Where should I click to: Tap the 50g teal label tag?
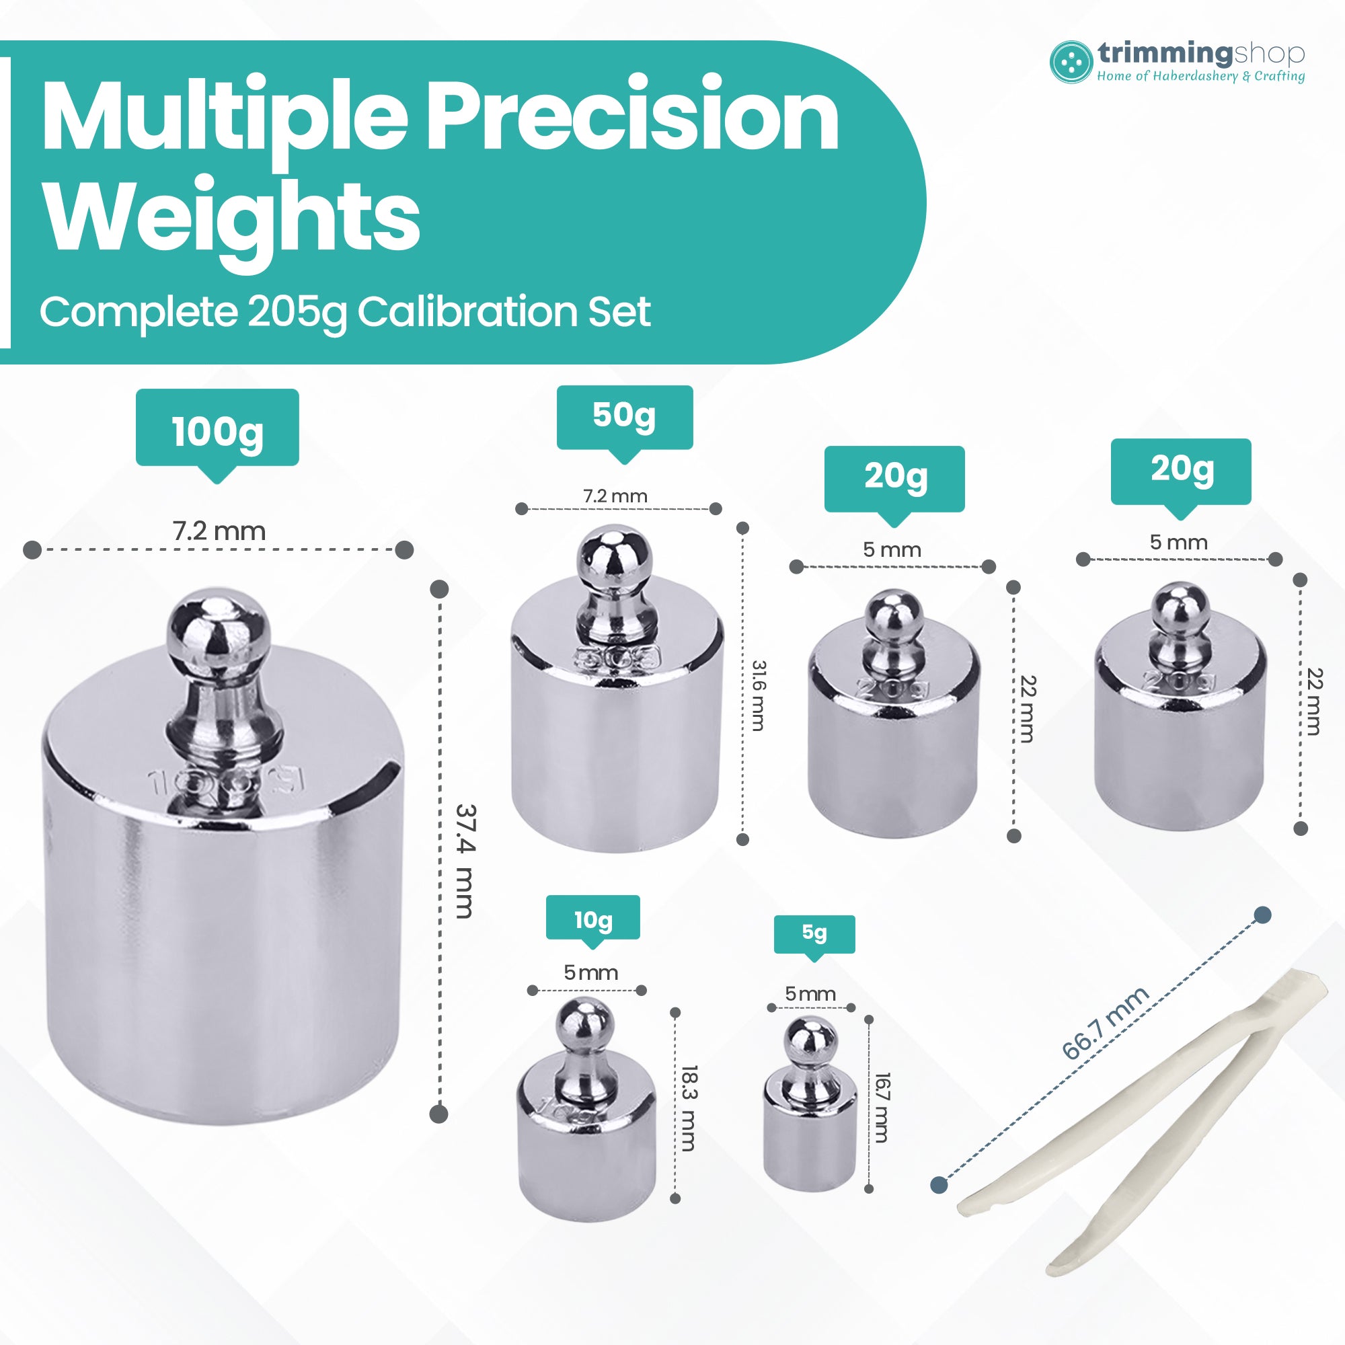[625, 416]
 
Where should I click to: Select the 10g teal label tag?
[592, 919]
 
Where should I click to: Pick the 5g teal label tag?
[814, 933]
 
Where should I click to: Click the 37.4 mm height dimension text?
[464, 862]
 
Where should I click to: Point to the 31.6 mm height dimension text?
[758, 695]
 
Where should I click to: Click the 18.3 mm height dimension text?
[689, 1108]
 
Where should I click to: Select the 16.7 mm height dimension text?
[882, 1108]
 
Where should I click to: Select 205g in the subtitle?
[297, 311]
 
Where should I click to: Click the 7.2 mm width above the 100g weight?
[219, 532]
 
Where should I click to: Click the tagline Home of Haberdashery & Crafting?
[1200, 77]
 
